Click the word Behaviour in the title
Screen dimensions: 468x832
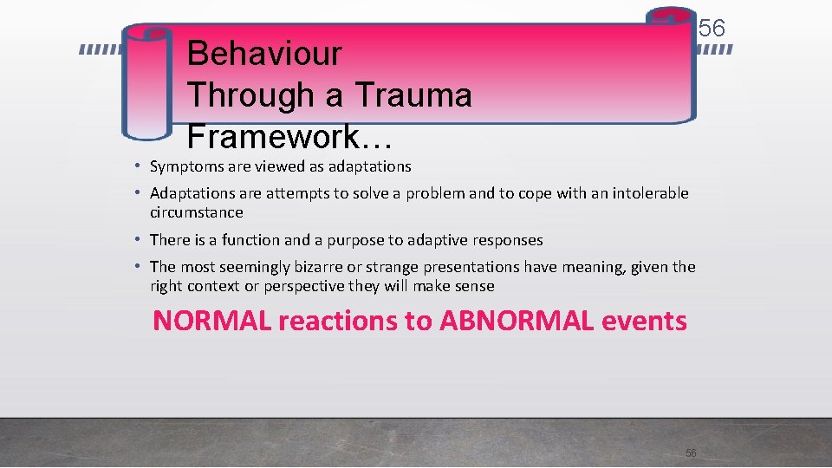click(x=264, y=54)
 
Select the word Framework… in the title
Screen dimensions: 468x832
click(x=289, y=136)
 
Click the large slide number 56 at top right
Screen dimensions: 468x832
click(x=712, y=29)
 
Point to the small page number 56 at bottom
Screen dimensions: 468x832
click(x=691, y=453)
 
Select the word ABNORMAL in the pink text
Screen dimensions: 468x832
click(x=517, y=321)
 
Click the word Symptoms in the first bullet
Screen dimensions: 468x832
click(x=183, y=166)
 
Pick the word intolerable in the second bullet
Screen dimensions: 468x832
click(x=650, y=193)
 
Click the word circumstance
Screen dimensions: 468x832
click(x=197, y=212)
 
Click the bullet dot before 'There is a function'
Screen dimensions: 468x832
click(x=139, y=240)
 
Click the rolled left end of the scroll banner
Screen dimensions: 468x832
click(x=146, y=82)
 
